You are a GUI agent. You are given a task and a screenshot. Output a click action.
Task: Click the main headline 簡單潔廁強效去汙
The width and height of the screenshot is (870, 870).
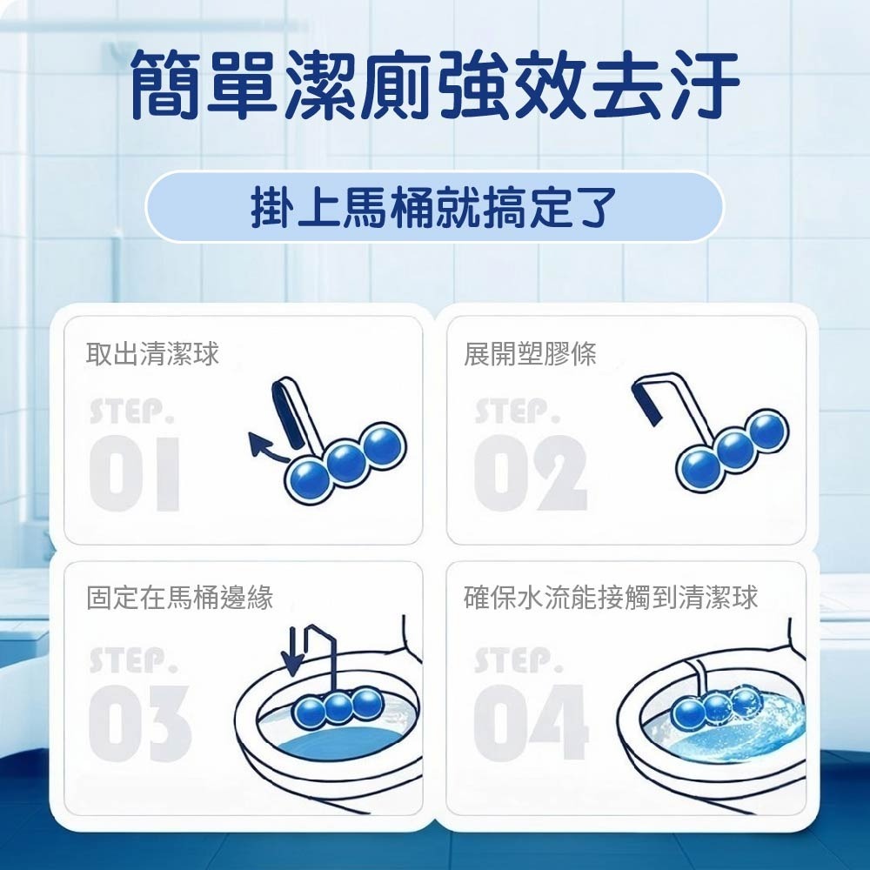click(x=435, y=84)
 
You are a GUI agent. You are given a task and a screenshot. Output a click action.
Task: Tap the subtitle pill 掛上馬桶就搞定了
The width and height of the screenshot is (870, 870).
click(x=434, y=207)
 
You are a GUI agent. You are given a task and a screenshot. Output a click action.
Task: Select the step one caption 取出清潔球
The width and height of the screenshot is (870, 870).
click(x=152, y=353)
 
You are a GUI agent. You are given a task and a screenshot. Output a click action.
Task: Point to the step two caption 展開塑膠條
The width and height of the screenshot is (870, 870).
click(x=530, y=353)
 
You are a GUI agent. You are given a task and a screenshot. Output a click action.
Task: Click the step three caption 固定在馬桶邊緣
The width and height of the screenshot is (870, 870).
click(x=180, y=598)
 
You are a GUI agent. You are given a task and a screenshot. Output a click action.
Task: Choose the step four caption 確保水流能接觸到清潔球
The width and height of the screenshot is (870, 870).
click(x=611, y=598)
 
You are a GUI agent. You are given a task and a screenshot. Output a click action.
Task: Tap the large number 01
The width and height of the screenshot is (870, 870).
click(x=135, y=474)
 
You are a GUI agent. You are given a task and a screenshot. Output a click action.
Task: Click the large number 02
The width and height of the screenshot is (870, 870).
click(x=531, y=474)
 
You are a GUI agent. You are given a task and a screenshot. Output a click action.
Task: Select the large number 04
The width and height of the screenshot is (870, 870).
click(x=531, y=722)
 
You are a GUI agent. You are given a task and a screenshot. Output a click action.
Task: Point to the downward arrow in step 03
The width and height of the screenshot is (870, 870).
click(x=291, y=652)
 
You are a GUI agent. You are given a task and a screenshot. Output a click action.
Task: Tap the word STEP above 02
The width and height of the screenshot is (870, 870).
click(x=519, y=412)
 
